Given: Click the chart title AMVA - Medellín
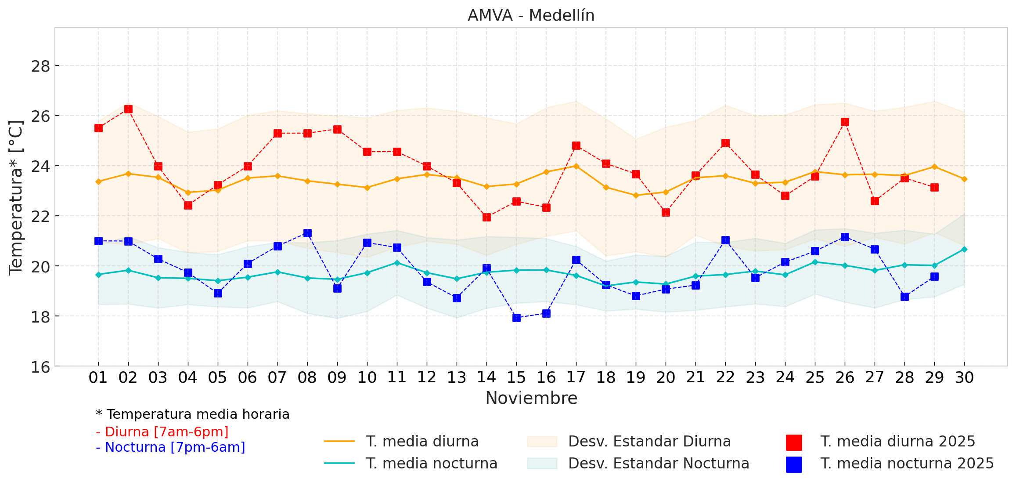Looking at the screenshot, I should pos(531,15).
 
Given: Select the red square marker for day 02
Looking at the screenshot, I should pos(128,109).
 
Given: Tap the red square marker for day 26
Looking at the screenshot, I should pos(845,122).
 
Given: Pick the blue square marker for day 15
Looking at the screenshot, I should pos(516,318).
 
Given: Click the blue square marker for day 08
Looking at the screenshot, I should pos(307,233).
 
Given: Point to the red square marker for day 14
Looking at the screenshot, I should pos(486,217).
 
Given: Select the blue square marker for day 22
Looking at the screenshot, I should pos(725,240).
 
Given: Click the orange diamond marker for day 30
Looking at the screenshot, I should pos(964,179).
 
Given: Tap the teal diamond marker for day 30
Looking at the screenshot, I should pos(964,249).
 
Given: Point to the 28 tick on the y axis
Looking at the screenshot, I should pos(40,66).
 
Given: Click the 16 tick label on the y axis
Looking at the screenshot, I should pos(40,367).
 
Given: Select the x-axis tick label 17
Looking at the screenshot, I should pos(576,377).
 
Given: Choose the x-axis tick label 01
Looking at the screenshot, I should pos(98,377).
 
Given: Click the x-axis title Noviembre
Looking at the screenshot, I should pos(531,398).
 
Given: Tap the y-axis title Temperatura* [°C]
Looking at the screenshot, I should pos(16,197).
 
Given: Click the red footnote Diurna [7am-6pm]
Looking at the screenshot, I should pos(162,432).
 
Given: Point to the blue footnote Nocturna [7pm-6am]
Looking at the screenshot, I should pos(170,447).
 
